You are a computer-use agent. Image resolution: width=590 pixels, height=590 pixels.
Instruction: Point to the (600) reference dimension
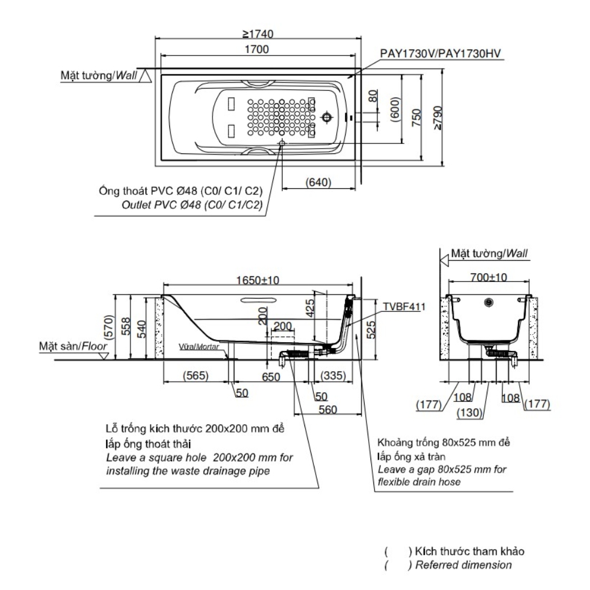(396, 109)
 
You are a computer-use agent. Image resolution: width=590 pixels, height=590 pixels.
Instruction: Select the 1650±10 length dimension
(258, 281)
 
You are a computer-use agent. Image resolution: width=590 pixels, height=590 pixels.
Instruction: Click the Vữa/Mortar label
(198, 348)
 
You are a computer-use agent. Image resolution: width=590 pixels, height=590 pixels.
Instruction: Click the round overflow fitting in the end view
(488, 303)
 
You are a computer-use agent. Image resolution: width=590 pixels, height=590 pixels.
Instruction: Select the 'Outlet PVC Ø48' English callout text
(191, 205)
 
